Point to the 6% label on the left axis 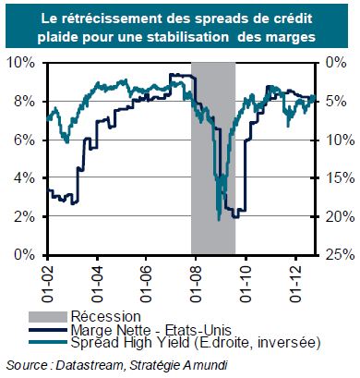(24, 140)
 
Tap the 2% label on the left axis (24, 217)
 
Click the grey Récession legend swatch (48, 317)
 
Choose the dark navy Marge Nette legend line (48, 330)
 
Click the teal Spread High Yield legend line (48, 342)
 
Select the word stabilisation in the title (188, 37)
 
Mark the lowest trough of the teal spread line (219, 221)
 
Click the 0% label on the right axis (337, 63)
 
